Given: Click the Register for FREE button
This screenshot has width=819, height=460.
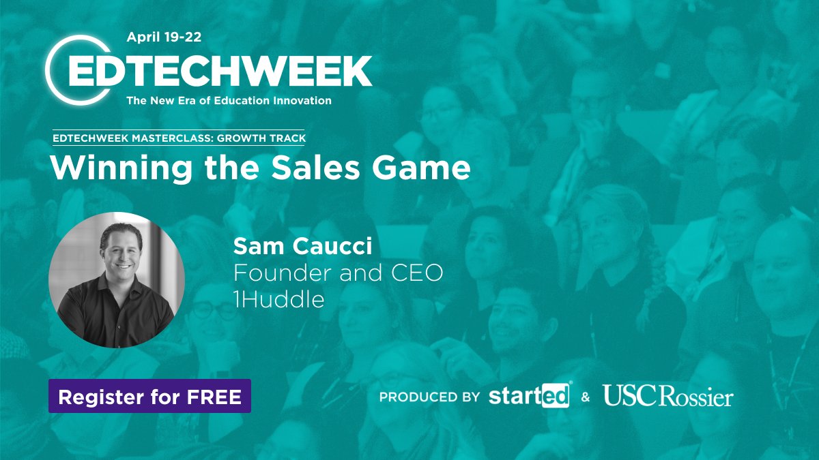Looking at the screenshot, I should [x=149, y=397].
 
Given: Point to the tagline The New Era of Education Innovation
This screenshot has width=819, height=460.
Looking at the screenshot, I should [x=229, y=101].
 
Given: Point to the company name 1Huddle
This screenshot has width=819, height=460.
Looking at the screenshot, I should [x=278, y=299].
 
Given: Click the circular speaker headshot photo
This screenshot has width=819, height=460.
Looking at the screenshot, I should [x=117, y=280].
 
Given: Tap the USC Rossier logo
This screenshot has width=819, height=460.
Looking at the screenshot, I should [x=667, y=396].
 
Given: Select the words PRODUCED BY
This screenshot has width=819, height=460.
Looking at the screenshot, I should [x=429, y=397].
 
